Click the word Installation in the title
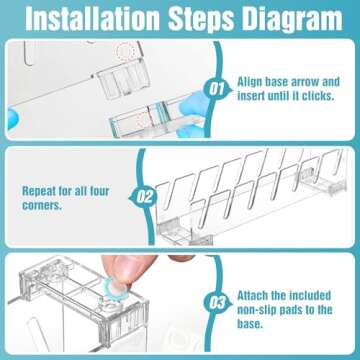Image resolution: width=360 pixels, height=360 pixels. [x=93, y=19]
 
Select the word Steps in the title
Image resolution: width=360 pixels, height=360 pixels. [x=202, y=20]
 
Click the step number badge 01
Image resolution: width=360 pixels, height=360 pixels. [x=217, y=89]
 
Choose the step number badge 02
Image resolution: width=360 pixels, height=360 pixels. [x=144, y=198]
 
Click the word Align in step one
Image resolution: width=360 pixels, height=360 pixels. [x=249, y=82]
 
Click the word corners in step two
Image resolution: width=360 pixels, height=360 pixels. [x=42, y=206]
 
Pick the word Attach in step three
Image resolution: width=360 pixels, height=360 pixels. [x=252, y=295]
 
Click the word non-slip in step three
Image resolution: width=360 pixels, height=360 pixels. [x=256, y=310]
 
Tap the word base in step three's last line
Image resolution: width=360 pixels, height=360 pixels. [x=250, y=324]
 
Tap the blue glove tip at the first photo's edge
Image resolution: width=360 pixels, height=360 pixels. [x=13, y=119]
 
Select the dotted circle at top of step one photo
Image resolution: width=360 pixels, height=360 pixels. [x=125, y=51]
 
